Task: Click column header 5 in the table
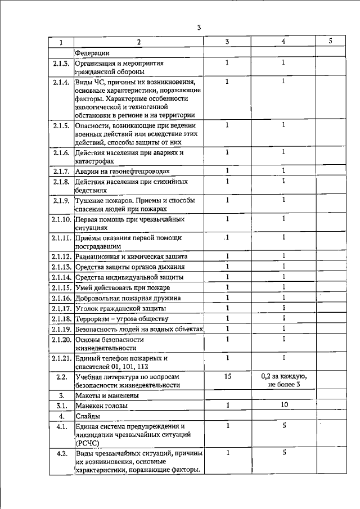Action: point(330,42)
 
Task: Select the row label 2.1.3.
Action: point(61,63)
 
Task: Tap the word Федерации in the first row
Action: point(92,53)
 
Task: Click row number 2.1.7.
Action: point(61,171)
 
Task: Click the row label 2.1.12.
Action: point(61,256)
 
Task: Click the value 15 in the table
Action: point(227,376)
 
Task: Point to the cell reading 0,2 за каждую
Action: point(284,376)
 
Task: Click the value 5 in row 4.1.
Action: point(285,426)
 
